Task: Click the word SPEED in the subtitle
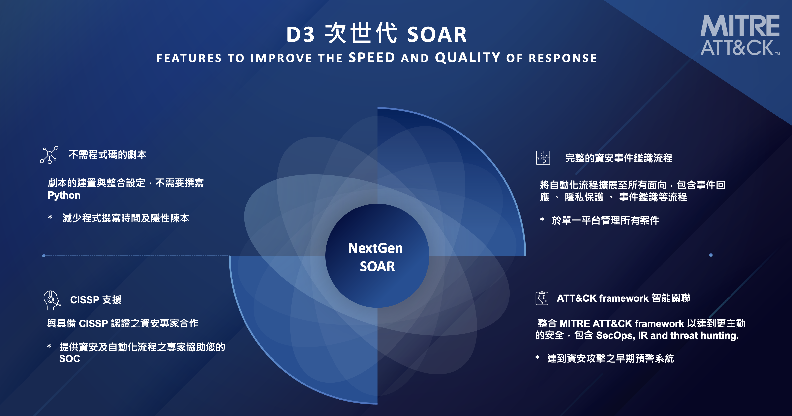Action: [372, 58]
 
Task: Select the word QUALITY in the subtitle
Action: [467, 58]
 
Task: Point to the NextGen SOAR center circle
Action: [377, 256]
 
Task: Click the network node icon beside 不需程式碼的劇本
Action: [49, 155]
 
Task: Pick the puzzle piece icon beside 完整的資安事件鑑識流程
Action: [543, 158]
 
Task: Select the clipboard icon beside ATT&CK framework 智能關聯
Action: [542, 298]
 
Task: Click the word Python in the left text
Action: [64, 195]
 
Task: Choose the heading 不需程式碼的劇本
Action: [107, 155]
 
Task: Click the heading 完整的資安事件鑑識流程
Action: [619, 158]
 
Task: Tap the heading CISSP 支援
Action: [96, 299]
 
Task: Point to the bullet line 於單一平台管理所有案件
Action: [605, 220]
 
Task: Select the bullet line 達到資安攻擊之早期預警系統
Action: [610, 358]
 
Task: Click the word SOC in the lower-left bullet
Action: [69, 358]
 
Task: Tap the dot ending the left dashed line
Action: [44, 256]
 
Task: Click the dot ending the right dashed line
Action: [711, 255]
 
